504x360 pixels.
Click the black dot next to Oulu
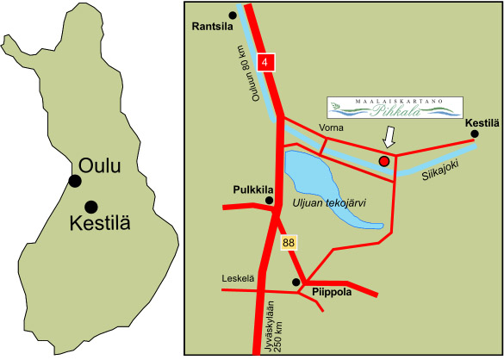76,180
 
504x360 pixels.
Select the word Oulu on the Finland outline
100,165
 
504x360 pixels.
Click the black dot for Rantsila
233,15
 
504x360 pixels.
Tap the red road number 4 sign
267,62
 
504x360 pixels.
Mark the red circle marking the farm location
384,160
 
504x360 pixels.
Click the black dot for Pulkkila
270,201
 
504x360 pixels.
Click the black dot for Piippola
296,282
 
